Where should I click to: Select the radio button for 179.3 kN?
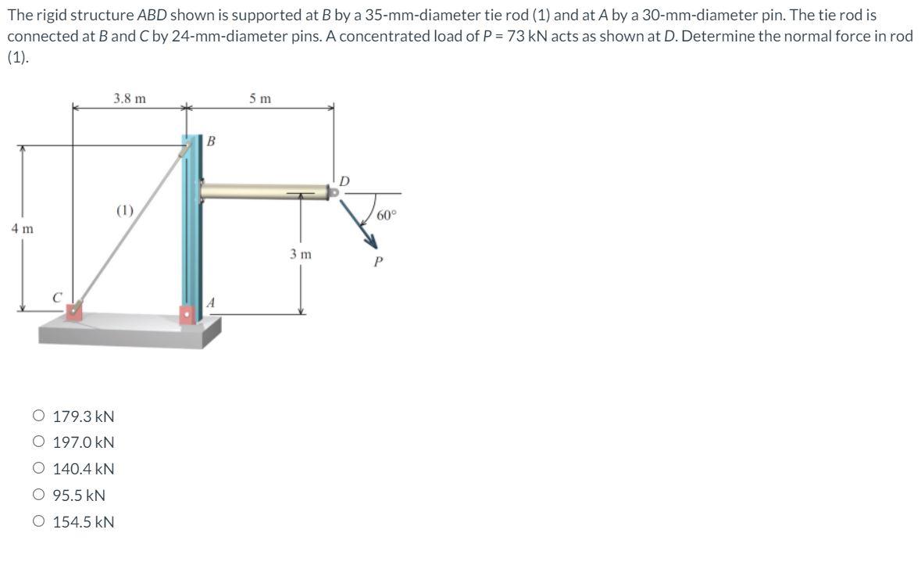click(x=39, y=416)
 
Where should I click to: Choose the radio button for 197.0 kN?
click(x=39, y=442)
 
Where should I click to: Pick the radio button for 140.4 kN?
click(x=39, y=469)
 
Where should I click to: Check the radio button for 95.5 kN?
click(x=39, y=495)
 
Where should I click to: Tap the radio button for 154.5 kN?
click(x=39, y=521)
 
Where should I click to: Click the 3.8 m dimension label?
click(x=129, y=98)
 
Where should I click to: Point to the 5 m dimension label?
click(x=261, y=98)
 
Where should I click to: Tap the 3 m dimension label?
click(x=301, y=254)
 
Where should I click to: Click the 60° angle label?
click(x=387, y=215)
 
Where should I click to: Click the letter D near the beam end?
click(x=345, y=182)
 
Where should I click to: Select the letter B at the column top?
click(x=211, y=141)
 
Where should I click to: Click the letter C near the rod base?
click(x=56, y=297)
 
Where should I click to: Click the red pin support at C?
click(x=73, y=311)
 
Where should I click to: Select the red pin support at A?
click(x=187, y=315)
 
